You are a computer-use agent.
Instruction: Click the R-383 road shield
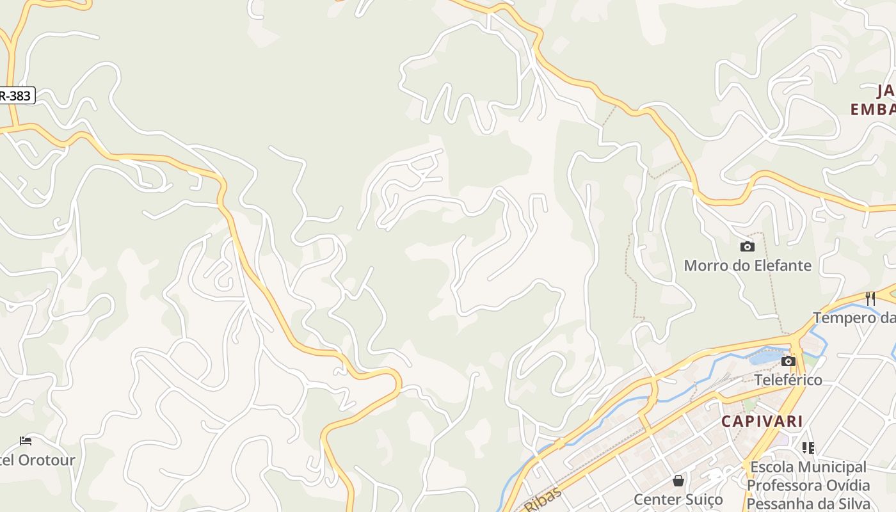(15, 96)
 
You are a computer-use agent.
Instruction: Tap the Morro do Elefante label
(748, 265)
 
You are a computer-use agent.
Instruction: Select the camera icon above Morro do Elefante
(747, 246)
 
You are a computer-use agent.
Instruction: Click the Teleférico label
(788, 380)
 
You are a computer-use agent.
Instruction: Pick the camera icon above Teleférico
(788, 362)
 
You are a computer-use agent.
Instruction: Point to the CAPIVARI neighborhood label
(762, 421)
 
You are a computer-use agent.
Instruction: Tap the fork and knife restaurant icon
(870, 299)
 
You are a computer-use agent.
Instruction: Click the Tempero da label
(854, 317)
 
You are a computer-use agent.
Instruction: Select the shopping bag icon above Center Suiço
(678, 480)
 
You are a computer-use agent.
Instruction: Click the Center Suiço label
(678, 499)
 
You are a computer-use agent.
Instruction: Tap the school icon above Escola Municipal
(808, 448)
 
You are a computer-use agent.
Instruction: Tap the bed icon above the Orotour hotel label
(26, 441)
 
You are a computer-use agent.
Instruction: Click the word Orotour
(47, 460)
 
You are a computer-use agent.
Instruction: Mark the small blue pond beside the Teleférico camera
(762, 356)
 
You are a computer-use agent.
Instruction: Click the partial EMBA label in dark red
(872, 109)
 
